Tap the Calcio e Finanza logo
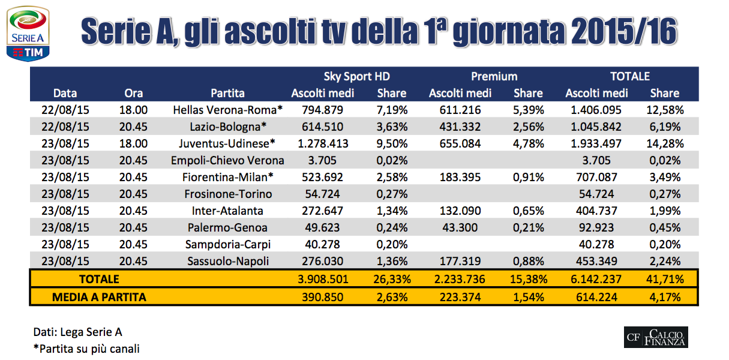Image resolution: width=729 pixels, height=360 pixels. [x=656, y=337]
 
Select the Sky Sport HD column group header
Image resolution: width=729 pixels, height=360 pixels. [x=356, y=76]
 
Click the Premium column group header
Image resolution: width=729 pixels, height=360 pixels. [x=494, y=76]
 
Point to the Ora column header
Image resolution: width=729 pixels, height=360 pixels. [x=133, y=93]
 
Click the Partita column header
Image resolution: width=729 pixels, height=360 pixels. [x=227, y=93]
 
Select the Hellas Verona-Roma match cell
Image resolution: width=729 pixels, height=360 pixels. [x=227, y=110]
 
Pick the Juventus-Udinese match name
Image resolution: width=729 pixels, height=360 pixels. [x=227, y=143]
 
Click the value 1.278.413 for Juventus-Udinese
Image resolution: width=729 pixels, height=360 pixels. [x=323, y=143]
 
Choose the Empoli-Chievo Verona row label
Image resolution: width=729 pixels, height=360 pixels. [x=227, y=160]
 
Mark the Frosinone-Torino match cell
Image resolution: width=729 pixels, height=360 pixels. [x=227, y=194]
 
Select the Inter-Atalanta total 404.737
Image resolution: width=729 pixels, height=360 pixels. [x=596, y=211]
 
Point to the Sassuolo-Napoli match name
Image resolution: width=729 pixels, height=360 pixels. [x=227, y=261]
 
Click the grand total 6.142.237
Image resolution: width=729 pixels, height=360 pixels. [x=596, y=279]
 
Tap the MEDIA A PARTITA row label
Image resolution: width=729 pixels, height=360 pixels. [x=99, y=296]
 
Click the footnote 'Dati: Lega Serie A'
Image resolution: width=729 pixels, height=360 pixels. [x=78, y=332]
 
